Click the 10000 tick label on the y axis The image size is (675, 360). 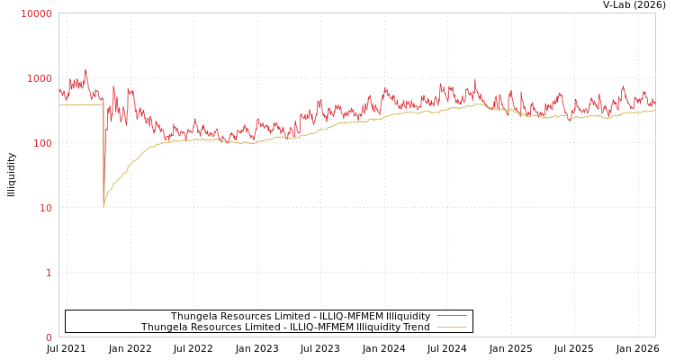[x=37, y=13]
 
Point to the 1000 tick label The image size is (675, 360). [x=40, y=78]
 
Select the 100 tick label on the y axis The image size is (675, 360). [x=42, y=143]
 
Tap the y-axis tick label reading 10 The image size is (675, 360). [x=45, y=208]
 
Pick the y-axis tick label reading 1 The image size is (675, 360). [x=49, y=273]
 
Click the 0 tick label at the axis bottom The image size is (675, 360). [x=49, y=337]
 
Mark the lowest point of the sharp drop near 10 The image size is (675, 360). [x=103, y=206]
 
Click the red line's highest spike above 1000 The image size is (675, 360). [x=85, y=69]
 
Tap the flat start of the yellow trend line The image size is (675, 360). [x=76, y=105]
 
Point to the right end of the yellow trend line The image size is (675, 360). [x=654, y=111]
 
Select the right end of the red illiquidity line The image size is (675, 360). [x=654, y=102]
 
